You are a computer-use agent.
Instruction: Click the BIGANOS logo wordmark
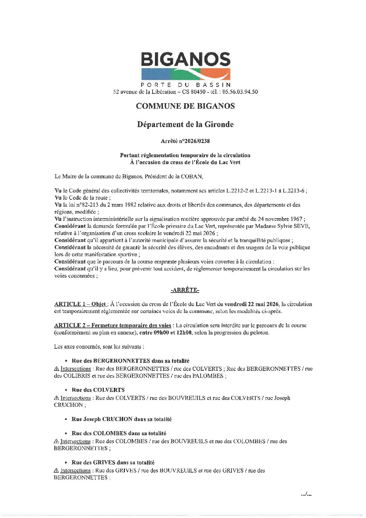tap(185, 60)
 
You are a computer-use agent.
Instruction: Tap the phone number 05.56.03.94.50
tap(240, 92)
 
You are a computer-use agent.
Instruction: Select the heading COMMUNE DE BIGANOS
tap(185, 106)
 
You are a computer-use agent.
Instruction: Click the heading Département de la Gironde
tap(185, 124)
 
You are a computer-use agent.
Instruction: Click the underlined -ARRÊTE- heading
tap(185, 290)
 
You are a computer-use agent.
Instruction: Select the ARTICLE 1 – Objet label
tap(80, 304)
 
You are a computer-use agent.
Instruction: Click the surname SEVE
tap(302, 226)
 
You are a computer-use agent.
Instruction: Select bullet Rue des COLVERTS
tap(98, 390)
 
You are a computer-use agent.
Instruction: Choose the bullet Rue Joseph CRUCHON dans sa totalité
tap(121, 419)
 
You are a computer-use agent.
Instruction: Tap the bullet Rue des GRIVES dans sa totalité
tap(113, 462)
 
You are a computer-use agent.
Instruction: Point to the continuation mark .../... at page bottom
tap(306, 494)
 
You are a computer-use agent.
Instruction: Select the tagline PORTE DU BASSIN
tap(185, 85)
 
